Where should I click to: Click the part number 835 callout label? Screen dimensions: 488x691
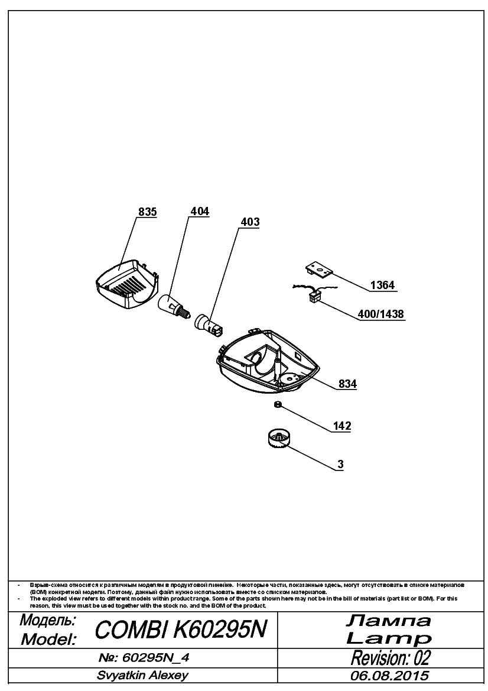(x=148, y=212)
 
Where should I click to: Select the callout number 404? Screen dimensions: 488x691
(x=200, y=212)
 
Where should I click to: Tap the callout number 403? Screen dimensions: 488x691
(x=250, y=222)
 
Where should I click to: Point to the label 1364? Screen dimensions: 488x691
(x=382, y=285)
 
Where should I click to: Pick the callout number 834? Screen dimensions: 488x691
(x=347, y=384)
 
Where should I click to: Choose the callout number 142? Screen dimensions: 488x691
(x=342, y=426)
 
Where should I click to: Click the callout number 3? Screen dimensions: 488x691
(x=340, y=465)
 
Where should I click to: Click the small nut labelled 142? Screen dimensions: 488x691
(x=278, y=404)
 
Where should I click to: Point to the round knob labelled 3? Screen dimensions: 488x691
(x=276, y=441)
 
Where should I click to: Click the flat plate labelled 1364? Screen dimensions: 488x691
(x=320, y=270)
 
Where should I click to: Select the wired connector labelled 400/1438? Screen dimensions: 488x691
(x=313, y=294)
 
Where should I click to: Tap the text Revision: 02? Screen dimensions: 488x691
(x=391, y=658)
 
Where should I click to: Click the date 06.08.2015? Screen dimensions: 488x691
(x=389, y=676)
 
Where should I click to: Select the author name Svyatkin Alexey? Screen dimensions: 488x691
(x=143, y=675)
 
